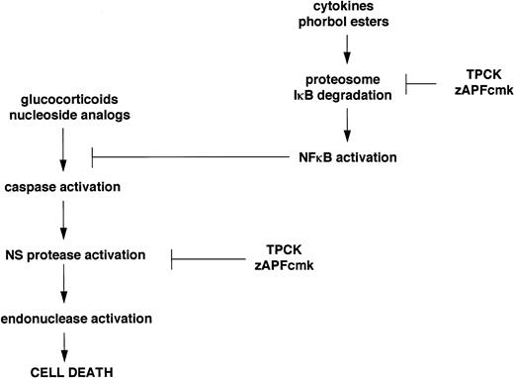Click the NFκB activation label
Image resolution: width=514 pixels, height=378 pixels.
(347, 155)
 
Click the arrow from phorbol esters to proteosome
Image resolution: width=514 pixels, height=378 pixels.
(347, 48)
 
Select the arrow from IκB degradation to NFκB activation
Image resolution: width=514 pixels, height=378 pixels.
(347, 124)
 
